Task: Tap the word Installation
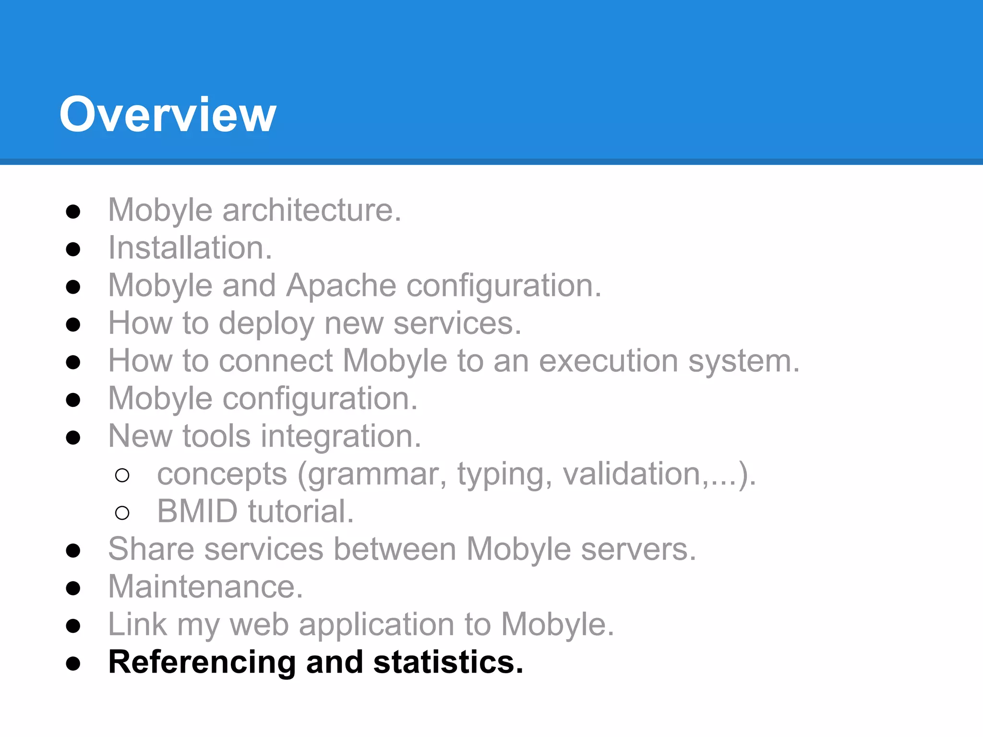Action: (x=190, y=248)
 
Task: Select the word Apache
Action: (x=341, y=285)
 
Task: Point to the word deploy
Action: (x=266, y=323)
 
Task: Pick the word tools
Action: (x=216, y=436)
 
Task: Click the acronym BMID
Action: (x=197, y=511)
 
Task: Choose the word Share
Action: (x=151, y=549)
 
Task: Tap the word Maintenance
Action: (x=205, y=586)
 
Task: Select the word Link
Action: (x=137, y=624)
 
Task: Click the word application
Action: (x=376, y=625)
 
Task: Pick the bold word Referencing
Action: (x=202, y=663)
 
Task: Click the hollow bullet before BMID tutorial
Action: (x=122, y=513)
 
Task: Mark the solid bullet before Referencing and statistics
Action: (x=73, y=664)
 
